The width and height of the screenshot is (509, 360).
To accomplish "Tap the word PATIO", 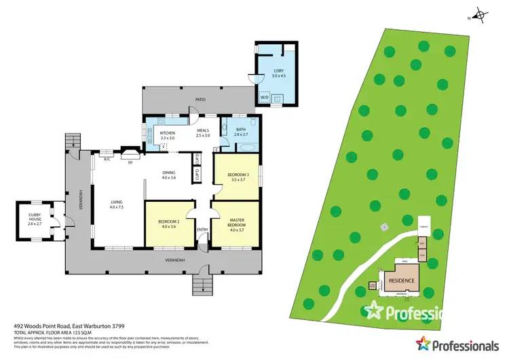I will coord(200,100).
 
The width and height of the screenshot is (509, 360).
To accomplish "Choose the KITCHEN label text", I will coord(167,134).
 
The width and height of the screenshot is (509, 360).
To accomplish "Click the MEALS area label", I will coord(202,133).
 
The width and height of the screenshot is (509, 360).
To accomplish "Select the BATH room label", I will coord(241,131).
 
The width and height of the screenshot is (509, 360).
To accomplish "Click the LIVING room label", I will coord(117,204).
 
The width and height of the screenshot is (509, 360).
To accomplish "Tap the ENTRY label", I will coord(202,229).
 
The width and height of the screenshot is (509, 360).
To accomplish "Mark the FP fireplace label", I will coord(130,163).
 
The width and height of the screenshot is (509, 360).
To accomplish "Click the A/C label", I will coord(107,159).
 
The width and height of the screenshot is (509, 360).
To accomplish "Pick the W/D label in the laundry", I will coord(264,97).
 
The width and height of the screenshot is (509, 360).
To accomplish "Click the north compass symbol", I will coord(480,15).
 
